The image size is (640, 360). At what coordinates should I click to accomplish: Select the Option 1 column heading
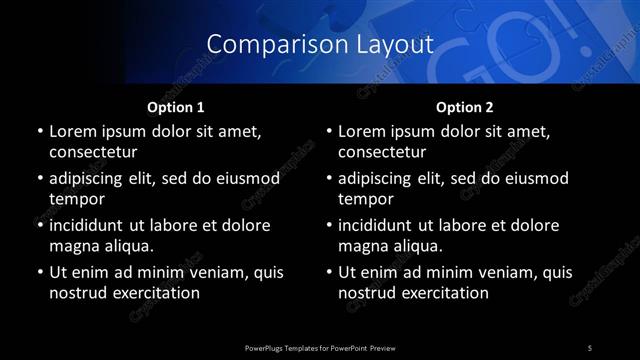pos(176,107)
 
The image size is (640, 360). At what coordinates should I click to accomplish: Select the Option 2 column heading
pos(465,107)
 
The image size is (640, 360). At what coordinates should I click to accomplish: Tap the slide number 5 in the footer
pos(590,347)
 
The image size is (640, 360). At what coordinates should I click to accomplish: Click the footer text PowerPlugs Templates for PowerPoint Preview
pos(319,347)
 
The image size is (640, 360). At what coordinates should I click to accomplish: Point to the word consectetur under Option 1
pos(93,152)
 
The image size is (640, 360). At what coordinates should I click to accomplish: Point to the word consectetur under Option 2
pos(382,152)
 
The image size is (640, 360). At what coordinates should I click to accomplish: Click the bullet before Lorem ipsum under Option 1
pos(40,132)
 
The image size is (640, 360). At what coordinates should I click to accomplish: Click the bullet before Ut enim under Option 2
pos(329,273)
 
